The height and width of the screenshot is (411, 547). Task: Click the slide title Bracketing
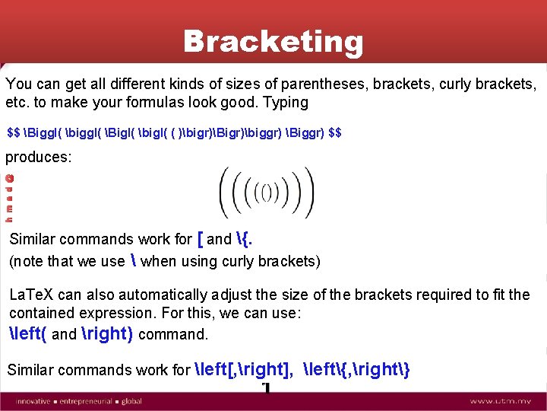click(x=273, y=42)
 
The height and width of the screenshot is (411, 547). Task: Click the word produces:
click(x=39, y=157)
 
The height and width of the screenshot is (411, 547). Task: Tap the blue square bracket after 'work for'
click(x=200, y=239)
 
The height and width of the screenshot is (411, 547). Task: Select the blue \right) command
click(x=106, y=333)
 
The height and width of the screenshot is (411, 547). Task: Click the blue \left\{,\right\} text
click(x=357, y=370)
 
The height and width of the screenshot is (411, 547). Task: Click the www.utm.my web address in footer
click(x=502, y=400)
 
